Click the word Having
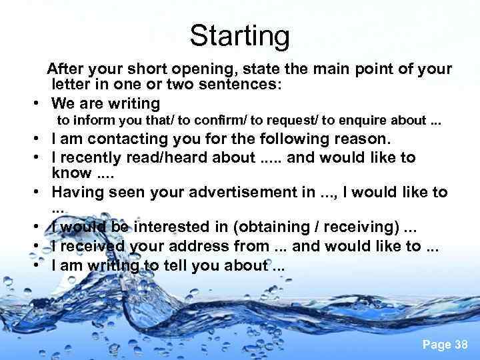point(78,193)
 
